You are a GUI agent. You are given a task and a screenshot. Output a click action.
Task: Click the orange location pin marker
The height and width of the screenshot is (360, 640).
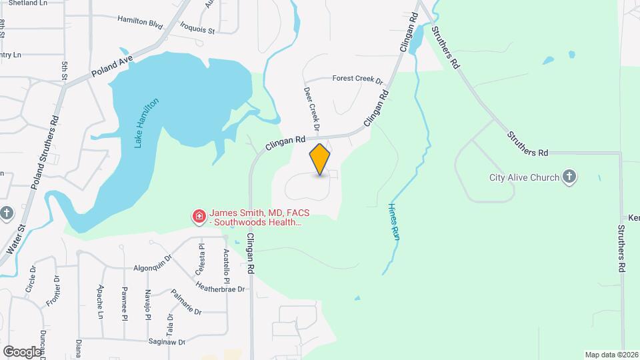(x=320, y=159)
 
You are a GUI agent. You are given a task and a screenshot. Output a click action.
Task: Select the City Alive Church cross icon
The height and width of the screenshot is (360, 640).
(x=569, y=177)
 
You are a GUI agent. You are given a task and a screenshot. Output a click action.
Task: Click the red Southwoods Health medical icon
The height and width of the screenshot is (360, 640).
(x=199, y=216)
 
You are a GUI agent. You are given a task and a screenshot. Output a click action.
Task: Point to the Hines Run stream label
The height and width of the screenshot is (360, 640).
(x=393, y=217)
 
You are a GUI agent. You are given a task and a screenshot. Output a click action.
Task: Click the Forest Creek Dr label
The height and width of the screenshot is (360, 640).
(x=357, y=79)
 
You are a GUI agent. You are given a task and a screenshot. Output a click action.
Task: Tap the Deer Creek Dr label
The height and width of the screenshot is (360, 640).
(x=312, y=108)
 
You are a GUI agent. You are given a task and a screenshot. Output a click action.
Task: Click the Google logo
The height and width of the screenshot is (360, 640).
(x=22, y=351)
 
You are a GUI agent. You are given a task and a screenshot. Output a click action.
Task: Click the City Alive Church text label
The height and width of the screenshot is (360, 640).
(x=525, y=177)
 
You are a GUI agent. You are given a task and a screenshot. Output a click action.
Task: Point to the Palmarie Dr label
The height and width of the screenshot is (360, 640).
(x=186, y=303)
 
